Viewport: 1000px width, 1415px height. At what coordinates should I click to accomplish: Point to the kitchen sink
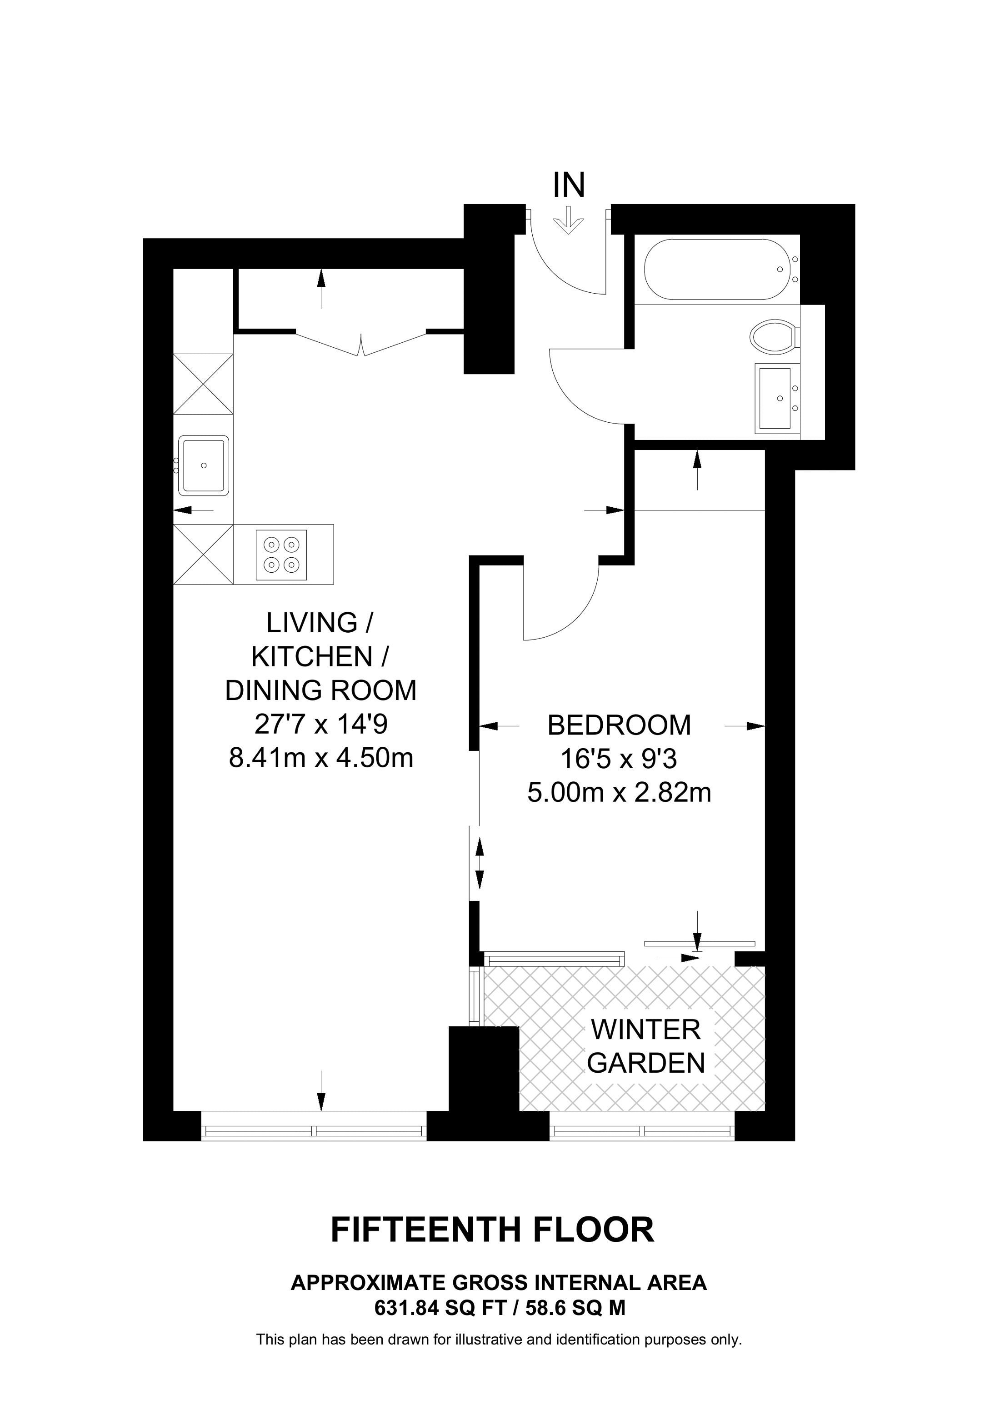point(203,465)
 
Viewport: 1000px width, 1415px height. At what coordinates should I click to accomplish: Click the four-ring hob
point(281,555)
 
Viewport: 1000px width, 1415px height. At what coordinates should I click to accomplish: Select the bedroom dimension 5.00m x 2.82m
point(619,793)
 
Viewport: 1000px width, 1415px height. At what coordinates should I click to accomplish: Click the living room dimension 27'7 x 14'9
point(320,724)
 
